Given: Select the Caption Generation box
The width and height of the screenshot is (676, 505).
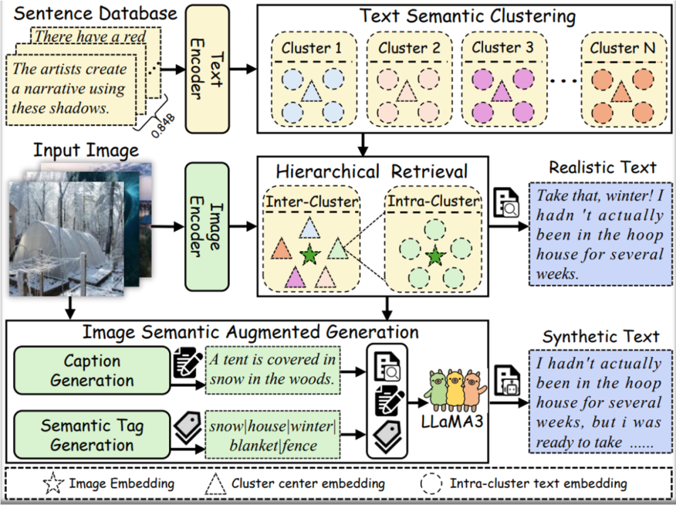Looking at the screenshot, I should tap(92, 370).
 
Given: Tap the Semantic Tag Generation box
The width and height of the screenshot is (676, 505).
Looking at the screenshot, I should tap(92, 436).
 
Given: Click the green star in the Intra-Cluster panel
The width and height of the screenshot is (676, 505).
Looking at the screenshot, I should tap(435, 257).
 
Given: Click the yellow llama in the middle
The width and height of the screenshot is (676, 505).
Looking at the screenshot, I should tap(455, 387).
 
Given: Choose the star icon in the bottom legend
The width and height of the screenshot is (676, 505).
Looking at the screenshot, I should tap(52, 483).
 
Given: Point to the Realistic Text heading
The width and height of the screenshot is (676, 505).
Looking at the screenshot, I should tap(602, 167).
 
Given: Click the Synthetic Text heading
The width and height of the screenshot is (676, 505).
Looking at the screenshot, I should tap(600, 337).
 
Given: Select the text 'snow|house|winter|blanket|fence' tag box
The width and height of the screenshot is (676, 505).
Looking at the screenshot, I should tap(272, 436).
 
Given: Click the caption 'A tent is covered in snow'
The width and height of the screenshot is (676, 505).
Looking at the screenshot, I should tap(272, 369).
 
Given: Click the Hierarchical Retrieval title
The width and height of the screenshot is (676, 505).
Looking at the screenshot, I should tap(372, 171).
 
